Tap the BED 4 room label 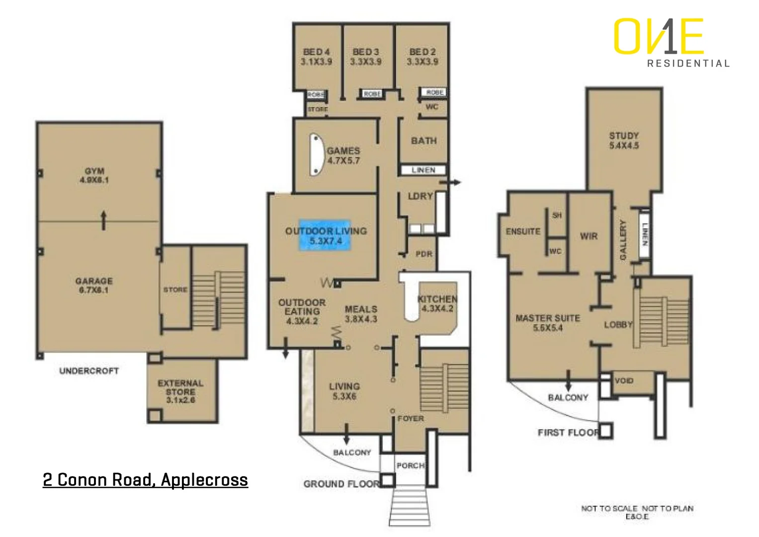click(x=316, y=57)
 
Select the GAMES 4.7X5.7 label click(x=343, y=156)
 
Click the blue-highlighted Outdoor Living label click(x=326, y=236)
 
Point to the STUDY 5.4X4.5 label click(x=624, y=140)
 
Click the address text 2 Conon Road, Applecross click(x=145, y=480)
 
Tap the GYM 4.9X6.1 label click(x=94, y=176)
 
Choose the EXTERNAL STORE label click(x=180, y=391)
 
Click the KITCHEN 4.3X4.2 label click(x=437, y=303)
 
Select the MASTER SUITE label click(x=548, y=323)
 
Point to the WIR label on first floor click(x=589, y=236)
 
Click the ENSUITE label click(x=523, y=232)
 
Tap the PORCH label click(x=410, y=466)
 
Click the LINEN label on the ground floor click(x=423, y=170)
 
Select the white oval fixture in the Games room click(x=316, y=155)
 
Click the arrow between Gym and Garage click(x=103, y=220)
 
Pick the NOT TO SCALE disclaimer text click(x=637, y=512)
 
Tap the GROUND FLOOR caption click(x=341, y=484)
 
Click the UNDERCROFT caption click(x=89, y=371)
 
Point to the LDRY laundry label click(x=420, y=196)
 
